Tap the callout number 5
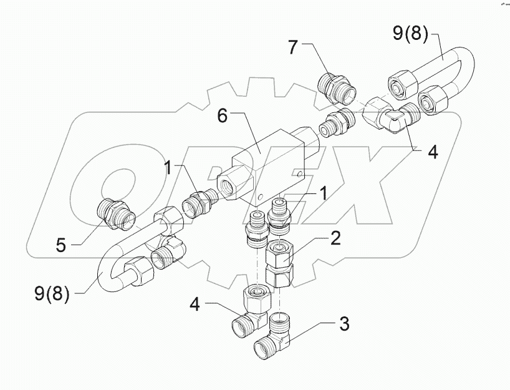[x=60, y=245]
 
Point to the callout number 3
[x=343, y=324]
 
